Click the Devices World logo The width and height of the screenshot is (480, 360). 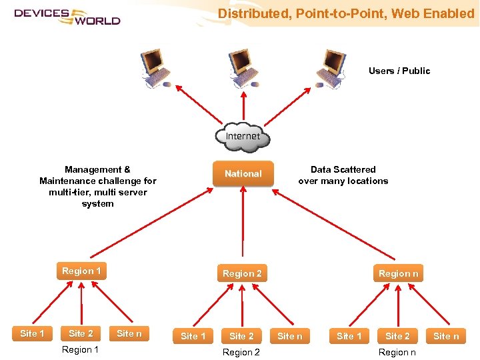(67, 16)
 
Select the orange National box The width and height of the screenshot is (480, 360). (243, 173)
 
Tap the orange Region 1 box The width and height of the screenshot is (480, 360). (81, 271)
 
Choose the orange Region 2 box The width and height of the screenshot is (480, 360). (242, 273)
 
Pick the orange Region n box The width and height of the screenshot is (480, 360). (398, 273)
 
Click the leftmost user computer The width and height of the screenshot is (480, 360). (155, 67)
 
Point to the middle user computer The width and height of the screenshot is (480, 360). (241, 67)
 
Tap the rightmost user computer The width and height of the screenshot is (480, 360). (331, 67)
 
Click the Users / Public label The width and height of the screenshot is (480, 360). (399, 71)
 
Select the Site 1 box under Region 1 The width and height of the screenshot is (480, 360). (32, 333)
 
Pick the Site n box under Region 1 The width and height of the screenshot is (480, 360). (129, 333)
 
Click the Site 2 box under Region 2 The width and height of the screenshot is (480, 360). (241, 336)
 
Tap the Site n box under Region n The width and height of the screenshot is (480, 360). (446, 336)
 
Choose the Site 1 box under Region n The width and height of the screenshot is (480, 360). (349, 336)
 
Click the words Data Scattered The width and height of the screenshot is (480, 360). (343, 169)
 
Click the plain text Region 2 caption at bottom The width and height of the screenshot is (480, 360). (241, 352)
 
